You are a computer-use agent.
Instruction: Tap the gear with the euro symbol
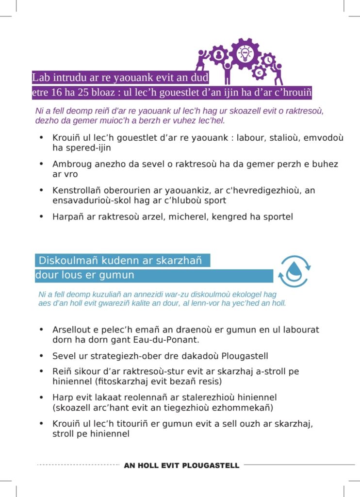[259, 73]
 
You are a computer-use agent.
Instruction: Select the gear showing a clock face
[268, 60]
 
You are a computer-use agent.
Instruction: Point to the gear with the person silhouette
[219, 55]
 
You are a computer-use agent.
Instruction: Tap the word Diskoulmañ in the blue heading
[63, 261]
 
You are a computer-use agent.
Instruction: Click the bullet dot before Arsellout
[41, 330]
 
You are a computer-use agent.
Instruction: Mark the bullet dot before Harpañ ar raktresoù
[41, 216]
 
